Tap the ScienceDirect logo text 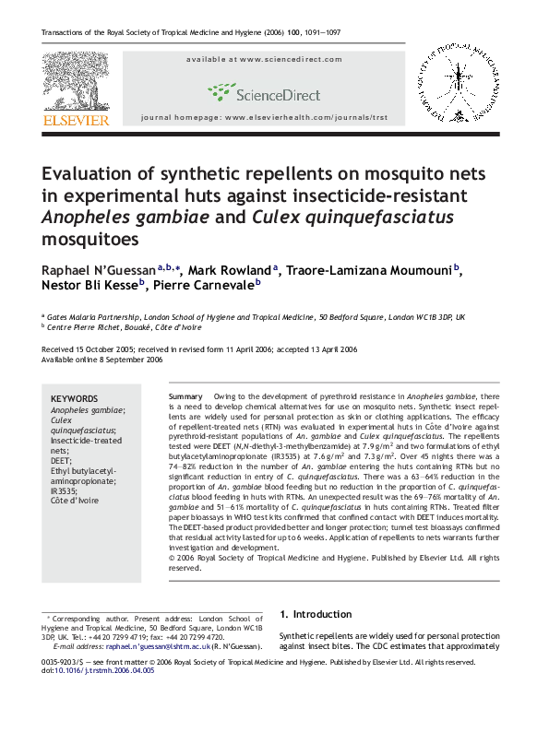[278, 94]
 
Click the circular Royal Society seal [458, 85]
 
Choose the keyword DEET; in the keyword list [60, 459]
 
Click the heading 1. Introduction [315, 614]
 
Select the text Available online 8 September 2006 [102, 360]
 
